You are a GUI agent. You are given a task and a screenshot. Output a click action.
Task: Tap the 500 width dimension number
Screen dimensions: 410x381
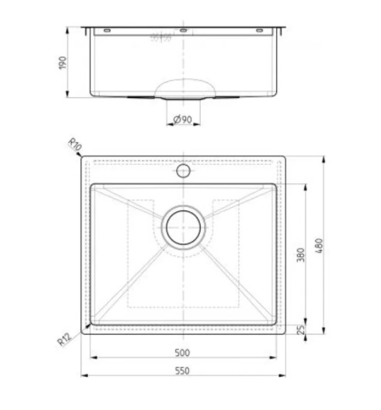pyautogui.click(x=182, y=348)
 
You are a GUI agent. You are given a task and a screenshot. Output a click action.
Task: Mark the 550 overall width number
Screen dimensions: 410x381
pyautogui.click(x=182, y=369)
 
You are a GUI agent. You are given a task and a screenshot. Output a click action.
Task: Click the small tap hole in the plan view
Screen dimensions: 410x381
pyautogui.click(x=182, y=171)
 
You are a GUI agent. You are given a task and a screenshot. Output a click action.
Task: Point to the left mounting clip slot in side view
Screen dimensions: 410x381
pyautogui.click(x=106, y=30)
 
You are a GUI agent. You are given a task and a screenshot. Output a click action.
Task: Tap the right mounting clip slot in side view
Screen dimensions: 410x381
pyautogui.click(x=259, y=30)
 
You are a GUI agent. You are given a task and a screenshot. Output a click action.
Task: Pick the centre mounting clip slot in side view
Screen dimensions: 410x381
pyautogui.click(x=182, y=30)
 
